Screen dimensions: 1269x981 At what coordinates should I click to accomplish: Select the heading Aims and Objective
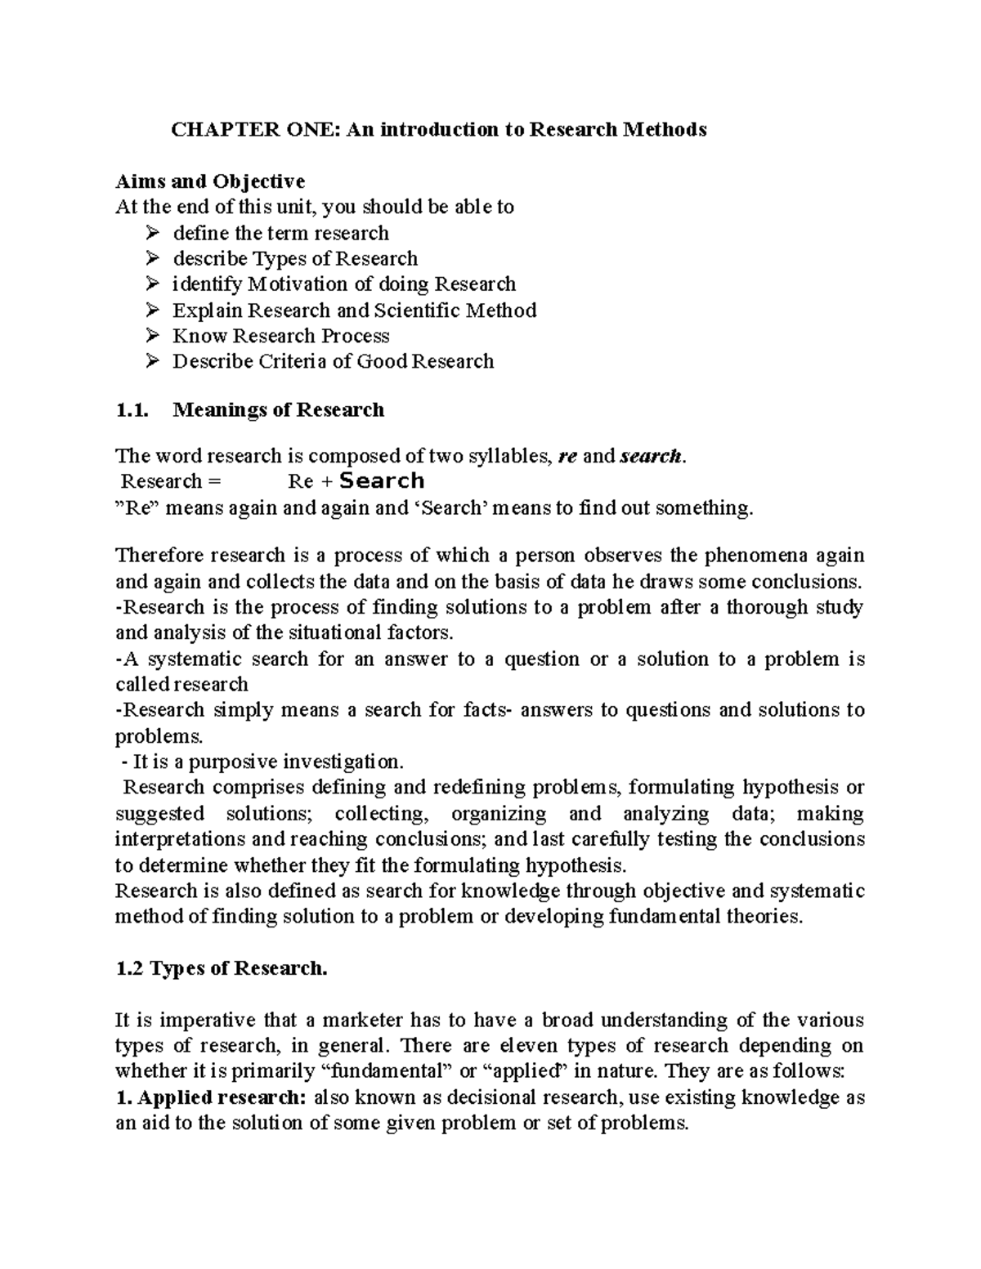[x=210, y=181]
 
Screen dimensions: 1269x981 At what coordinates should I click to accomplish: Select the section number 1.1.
[x=132, y=409]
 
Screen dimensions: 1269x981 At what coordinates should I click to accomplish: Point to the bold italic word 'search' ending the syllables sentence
[x=651, y=456]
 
